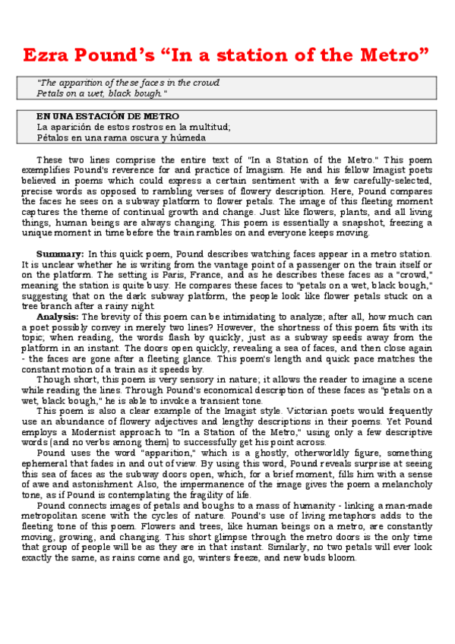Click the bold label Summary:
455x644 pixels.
click(61, 253)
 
